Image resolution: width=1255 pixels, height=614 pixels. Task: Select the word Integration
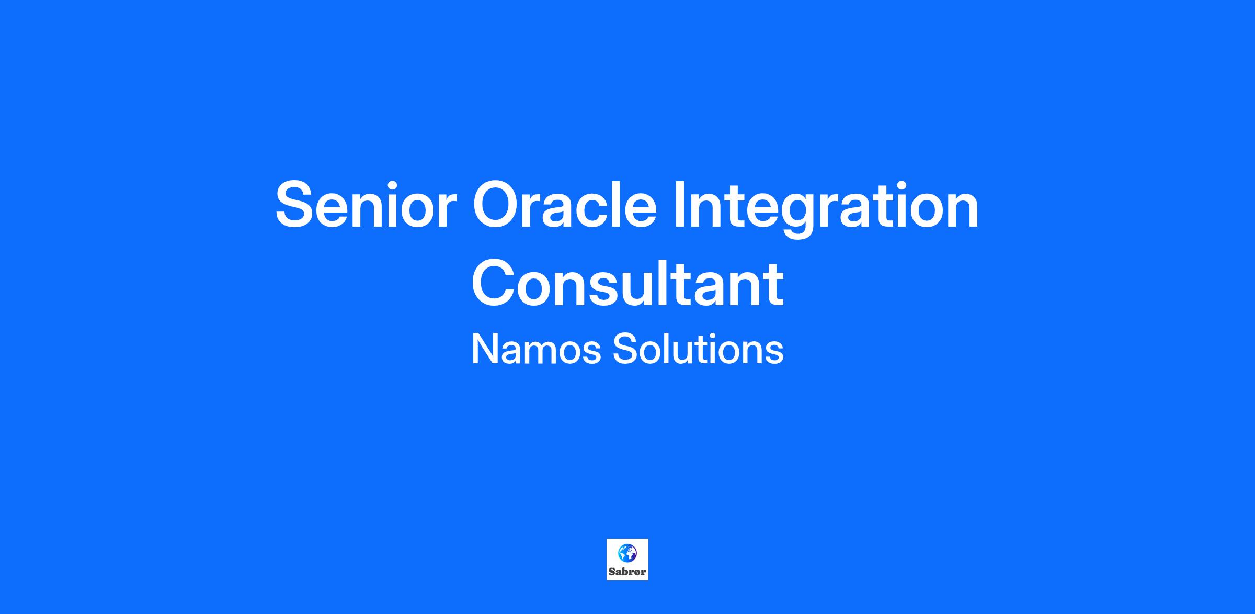pyautogui.click(x=827, y=208)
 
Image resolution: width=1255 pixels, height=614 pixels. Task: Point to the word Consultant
pyautogui.click(x=627, y=283)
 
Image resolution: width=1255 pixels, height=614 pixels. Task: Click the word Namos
pyautogui.click(x=536, y=349)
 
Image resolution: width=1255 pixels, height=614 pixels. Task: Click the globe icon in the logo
pyautogui.click(x=627, y=552)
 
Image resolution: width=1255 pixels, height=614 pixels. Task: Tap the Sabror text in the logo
pyautogui.click(x=627, y=572)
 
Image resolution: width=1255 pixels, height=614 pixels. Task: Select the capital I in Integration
pyautogui.click(x=679, y=205)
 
